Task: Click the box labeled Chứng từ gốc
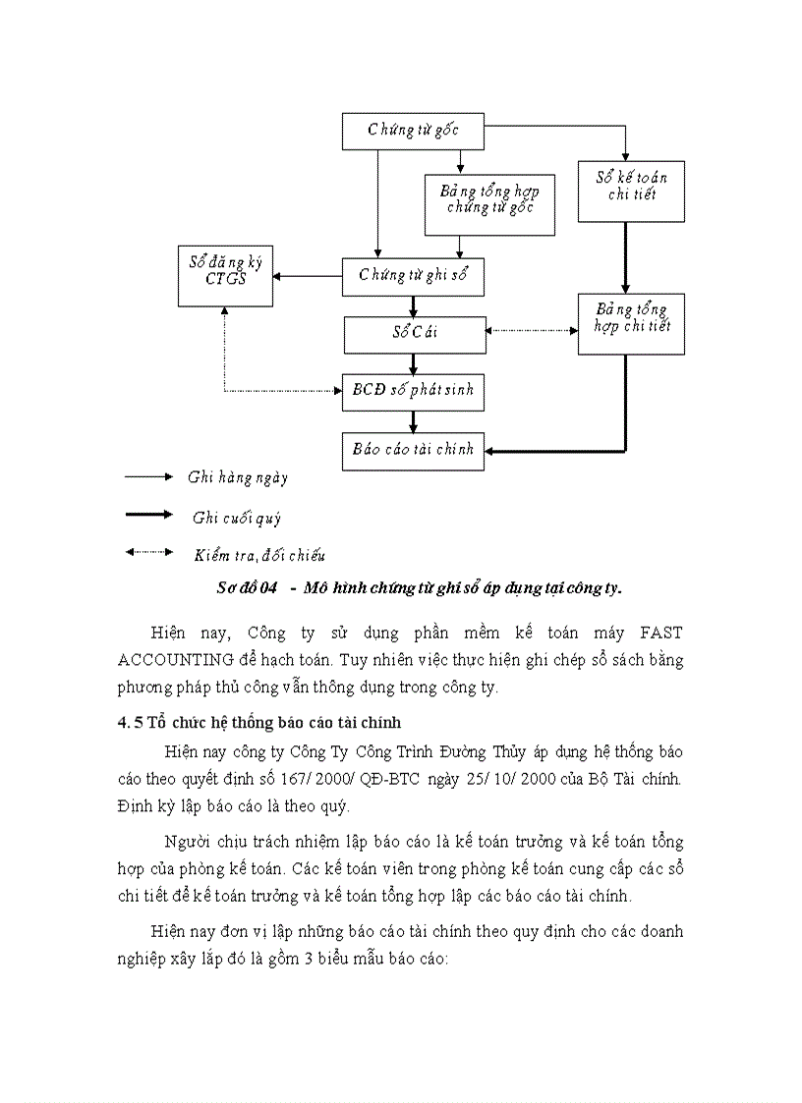coord(413,131)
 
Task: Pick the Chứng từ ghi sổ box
coord(413,276)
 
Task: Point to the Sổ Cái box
coord(415,334)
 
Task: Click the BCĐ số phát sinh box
coord(413,391)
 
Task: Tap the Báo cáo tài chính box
coord(413,450)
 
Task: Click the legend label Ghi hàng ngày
coord(238,478)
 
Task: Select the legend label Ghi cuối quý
coord(237,518)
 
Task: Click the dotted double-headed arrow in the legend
coord(148,553)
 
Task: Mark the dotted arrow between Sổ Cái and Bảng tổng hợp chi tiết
coord(532,330)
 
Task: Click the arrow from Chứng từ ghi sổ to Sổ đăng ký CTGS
coord(309,276)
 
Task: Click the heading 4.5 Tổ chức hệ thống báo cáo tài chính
coord(259,723)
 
